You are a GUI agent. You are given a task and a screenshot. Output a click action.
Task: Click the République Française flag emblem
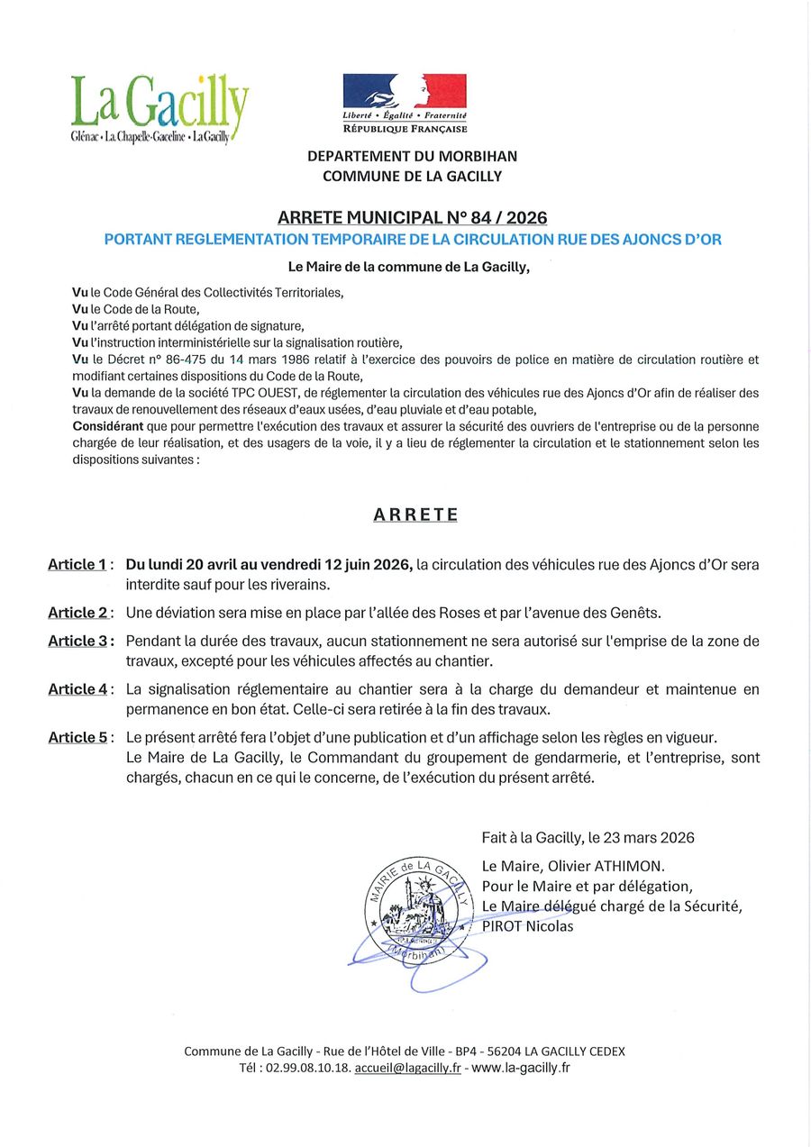[405, 91]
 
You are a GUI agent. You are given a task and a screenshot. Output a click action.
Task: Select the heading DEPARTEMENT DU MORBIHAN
[412, 156]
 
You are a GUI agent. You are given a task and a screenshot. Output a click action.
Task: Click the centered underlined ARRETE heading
[415, 514]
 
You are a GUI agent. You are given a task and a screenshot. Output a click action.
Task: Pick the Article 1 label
[78, 565]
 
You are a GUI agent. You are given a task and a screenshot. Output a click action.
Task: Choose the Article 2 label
[78, 613]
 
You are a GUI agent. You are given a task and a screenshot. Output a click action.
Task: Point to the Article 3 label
[78, 642]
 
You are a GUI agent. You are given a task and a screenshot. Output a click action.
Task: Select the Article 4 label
[78, 689]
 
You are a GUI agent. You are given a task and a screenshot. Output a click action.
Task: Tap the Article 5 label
[78, 737]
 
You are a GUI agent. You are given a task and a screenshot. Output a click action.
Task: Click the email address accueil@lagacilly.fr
[407, 1068]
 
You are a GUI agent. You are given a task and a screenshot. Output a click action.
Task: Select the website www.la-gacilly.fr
[521, 1068]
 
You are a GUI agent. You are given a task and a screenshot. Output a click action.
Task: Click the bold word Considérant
[107, 426]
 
